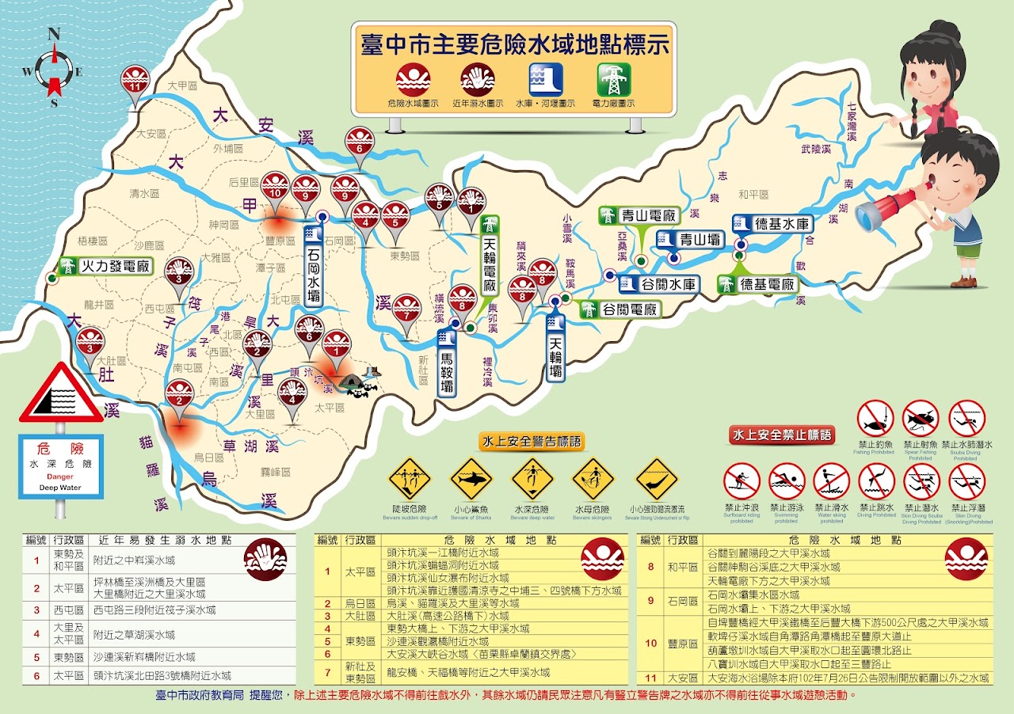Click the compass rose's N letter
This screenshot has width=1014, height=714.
coord(55,33)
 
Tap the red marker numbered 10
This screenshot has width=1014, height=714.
coord(276,188)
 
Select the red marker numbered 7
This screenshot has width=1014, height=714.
coord(406,309)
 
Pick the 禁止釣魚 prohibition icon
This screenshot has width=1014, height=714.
coord(876,419)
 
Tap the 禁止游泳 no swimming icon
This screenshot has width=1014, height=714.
coord(786,480)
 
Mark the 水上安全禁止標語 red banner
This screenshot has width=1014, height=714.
coord(782,434)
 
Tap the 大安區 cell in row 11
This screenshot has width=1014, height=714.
coord(682,678)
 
